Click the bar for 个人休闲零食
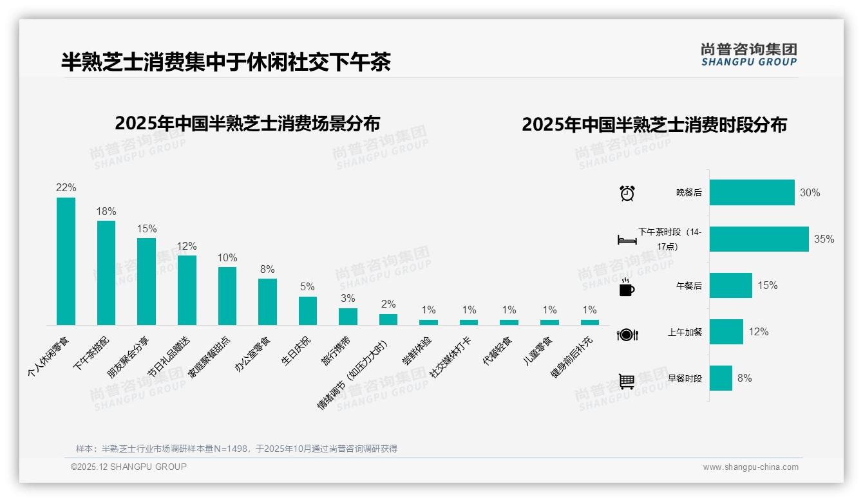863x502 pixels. (66, 261)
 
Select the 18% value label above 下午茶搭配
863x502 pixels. (106, 211)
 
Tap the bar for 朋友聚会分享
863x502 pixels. (146, 281)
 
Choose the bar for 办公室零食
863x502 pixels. (267, 301)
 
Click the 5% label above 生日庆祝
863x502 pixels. (307, 287)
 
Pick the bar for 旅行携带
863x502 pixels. (348, 316)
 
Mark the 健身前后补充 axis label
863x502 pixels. (572, 357)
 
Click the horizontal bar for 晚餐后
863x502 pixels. (752, 192)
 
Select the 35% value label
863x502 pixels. (824, 239)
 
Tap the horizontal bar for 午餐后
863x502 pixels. (730, 285)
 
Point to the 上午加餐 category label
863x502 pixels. (685, 332)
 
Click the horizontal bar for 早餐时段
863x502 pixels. (721, 378)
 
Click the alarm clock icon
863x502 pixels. (627, 192)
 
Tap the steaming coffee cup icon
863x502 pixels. (627, 287)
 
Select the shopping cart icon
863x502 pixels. (627, 381)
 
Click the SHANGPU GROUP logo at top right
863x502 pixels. (748, 55)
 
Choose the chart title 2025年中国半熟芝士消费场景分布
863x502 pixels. (247, 123)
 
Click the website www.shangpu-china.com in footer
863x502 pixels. (750, 467)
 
